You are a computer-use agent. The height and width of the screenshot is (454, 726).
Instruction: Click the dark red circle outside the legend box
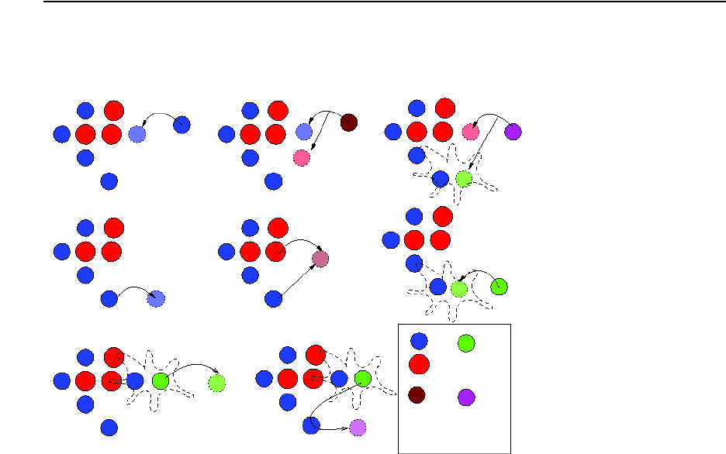[x=348, y=122]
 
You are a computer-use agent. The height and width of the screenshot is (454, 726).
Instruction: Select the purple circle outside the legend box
[x=513, y=132]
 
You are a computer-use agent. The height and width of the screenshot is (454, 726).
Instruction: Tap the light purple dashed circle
[x=358, y=427]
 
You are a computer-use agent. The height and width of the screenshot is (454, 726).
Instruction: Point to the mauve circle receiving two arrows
[x=320, y=259]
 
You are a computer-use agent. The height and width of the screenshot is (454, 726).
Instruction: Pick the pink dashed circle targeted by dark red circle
[x=302, y=158]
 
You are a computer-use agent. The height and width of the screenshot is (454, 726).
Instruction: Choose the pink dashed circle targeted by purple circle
[x=470, y=132]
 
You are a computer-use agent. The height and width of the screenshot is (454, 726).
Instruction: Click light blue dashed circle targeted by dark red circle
[x=303, y=132]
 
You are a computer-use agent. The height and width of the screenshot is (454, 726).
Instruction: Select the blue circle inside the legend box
[x=418, y=340]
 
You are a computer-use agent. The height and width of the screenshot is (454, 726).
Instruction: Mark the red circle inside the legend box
[x=419, y=363]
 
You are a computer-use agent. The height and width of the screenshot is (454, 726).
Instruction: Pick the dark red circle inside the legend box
[x=417, y=395]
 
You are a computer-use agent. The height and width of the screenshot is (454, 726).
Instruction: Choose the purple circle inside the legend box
[x=465, y=397]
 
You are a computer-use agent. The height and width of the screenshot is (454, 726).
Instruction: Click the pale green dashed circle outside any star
[x=217, y=382]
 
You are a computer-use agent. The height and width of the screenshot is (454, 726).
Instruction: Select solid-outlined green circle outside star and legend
[x=500, y=287]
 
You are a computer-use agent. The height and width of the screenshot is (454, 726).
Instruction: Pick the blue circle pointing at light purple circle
[x=311, y=425]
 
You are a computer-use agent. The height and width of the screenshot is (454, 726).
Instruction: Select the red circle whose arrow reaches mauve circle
[x=275, y=251]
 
